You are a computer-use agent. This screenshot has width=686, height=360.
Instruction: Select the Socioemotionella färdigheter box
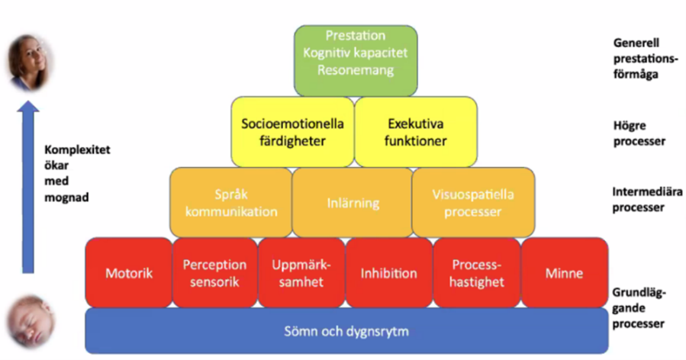292,131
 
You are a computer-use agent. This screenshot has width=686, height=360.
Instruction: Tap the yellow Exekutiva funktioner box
416,131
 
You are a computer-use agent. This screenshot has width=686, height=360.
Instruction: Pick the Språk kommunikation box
230,203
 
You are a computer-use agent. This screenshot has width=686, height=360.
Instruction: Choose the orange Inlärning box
353,203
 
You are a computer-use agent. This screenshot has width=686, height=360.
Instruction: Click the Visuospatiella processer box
473,203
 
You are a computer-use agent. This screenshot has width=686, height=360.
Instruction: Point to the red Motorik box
129,273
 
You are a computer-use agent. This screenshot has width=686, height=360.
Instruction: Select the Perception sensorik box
215,273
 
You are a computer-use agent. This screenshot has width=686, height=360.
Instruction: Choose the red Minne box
565,273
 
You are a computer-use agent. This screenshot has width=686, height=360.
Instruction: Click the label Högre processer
639,133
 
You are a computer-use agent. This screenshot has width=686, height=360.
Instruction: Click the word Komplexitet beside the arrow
77,150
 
